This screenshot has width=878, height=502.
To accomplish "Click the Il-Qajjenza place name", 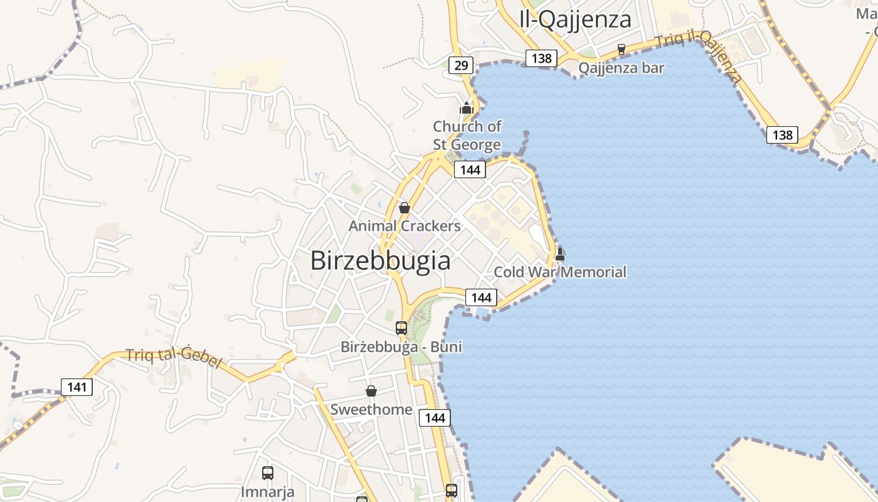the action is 575,19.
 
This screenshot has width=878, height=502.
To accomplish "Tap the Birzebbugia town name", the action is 380,260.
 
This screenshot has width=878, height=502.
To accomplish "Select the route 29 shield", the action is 461,65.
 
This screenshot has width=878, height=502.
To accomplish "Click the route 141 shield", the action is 77,387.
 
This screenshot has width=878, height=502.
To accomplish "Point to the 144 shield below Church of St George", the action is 470,169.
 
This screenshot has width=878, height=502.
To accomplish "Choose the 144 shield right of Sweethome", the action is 435,418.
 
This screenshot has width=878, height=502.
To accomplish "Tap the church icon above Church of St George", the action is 466,108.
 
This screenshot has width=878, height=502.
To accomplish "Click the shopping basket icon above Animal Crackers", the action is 405,208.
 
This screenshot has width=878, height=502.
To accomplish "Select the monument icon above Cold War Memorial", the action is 560,254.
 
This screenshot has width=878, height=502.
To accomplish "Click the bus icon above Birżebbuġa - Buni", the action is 401,328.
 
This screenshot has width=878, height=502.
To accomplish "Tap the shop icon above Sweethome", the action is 371,391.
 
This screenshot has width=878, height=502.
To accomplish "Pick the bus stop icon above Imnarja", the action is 268,473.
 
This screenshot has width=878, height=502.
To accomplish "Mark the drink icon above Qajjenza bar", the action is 621,49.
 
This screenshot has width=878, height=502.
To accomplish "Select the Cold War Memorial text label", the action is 560,272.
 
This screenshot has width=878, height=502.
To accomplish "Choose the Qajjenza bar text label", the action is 621,68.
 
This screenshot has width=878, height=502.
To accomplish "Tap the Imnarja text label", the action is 268,491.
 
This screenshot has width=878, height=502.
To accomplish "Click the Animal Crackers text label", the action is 405,226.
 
